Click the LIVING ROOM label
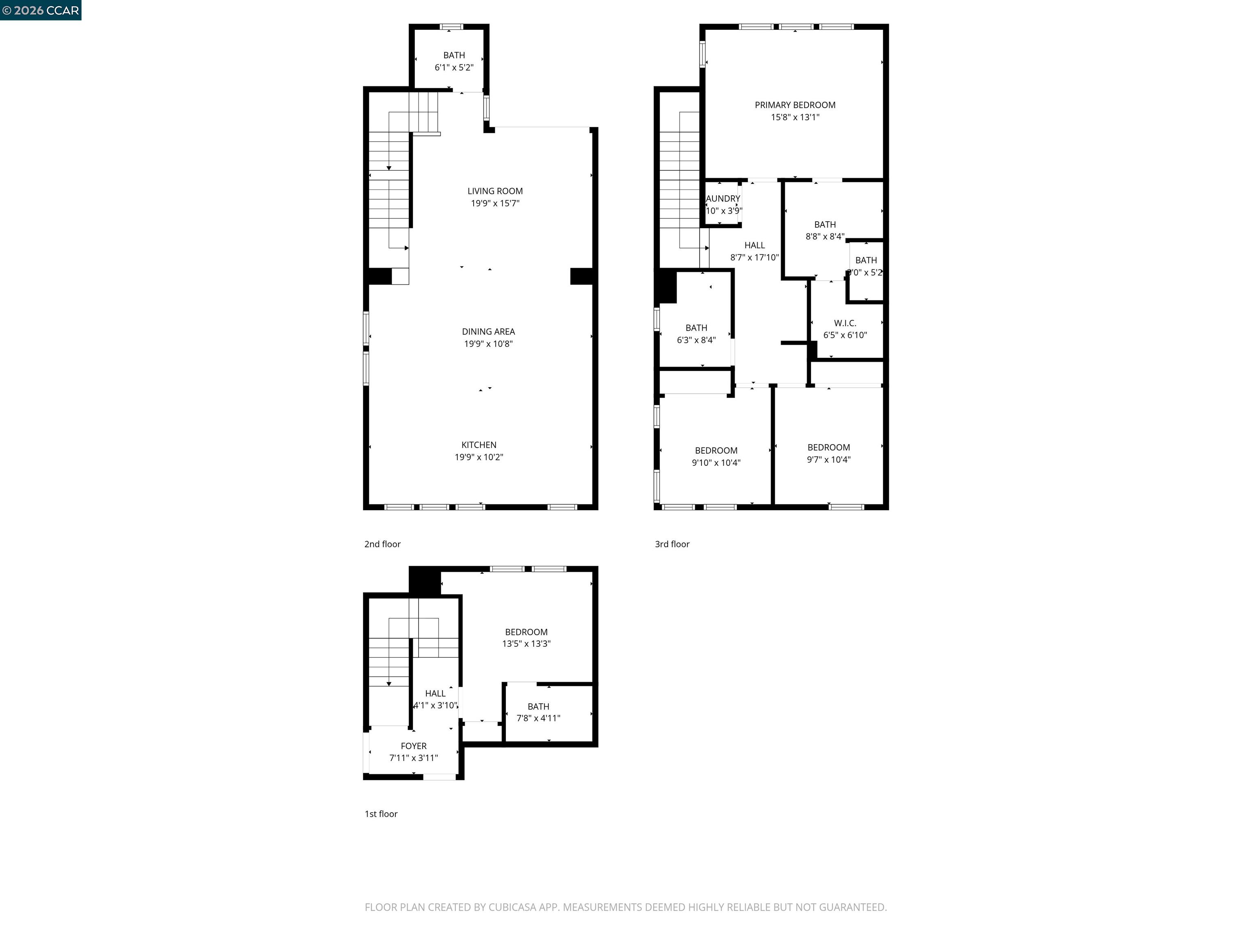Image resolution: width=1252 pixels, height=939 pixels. [x=495, y=191]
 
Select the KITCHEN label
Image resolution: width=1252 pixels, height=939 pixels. [x=479, y=445]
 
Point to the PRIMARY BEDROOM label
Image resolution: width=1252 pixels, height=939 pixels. [x=795, y=105]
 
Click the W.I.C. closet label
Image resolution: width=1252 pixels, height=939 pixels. [x=844, y=323]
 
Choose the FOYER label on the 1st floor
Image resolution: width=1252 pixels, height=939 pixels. [x=413, y=746]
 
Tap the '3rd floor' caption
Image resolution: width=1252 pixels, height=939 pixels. [x=672, y=544]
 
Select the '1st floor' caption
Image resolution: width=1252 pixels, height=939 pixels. [x=381, y=814]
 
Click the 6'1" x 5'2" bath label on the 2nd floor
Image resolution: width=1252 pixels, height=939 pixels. [x=454, y=67]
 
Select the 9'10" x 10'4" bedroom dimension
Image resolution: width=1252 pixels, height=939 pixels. [x=716, y=463]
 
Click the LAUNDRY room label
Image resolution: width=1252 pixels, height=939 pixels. [x=723, y=198]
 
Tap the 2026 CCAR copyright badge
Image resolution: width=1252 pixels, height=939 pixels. [x=40, y=10]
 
